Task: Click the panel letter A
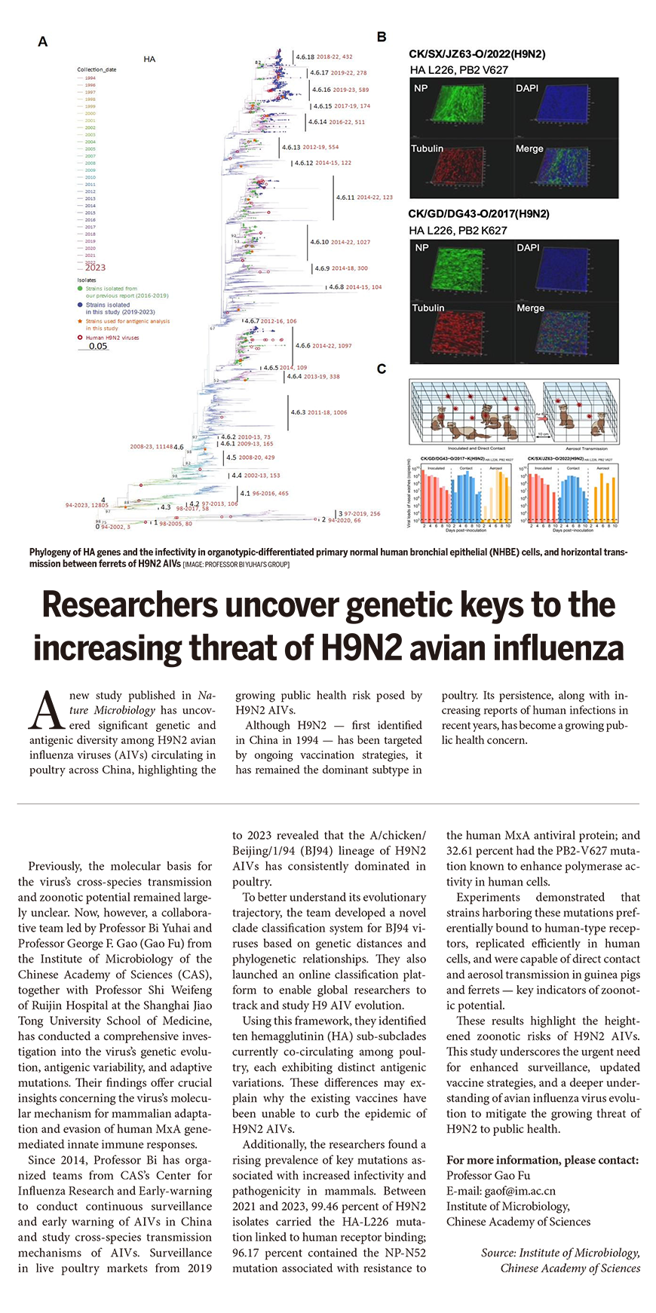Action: coord(43,41)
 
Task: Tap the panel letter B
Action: coord(382,37)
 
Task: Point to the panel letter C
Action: coord(382,369)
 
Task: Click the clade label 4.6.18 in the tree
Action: coord(305,57)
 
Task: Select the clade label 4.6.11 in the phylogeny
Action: coord(345,197)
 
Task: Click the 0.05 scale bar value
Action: coord(98,347)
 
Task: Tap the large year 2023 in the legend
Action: coord(95,268)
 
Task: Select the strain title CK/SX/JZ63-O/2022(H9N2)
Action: coord(477,54)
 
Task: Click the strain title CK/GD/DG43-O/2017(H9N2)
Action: coord(479,214)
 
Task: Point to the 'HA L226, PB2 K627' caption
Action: coord(458,231)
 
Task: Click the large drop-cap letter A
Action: coord(45,712)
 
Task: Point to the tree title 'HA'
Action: coord(149,59)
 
